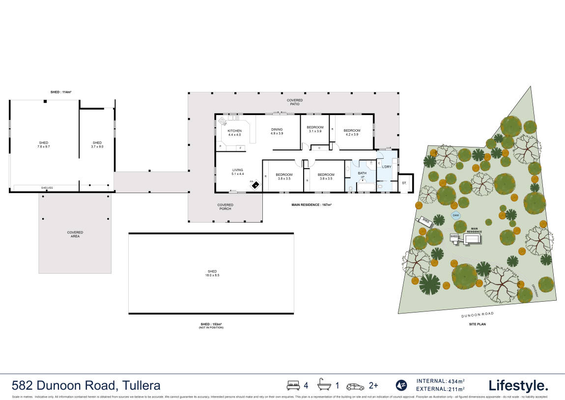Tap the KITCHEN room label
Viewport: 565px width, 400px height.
click(234, 133)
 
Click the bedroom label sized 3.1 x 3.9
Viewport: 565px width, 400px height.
click(314, 129)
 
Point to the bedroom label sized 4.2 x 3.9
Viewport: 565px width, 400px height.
click(352, 132)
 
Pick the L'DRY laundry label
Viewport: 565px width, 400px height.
click(386, 167)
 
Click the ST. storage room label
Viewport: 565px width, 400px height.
click(404, 183)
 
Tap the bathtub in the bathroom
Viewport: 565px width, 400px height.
click(363, 187)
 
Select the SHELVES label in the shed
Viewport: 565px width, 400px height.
click(47, 188)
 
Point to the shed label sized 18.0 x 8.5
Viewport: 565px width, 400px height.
click(212, 273)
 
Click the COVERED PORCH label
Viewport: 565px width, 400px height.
click(226, 207)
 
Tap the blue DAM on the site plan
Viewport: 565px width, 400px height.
click(455, 216)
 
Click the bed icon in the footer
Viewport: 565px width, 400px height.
click(293, 385)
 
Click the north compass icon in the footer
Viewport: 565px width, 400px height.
click(401, 385)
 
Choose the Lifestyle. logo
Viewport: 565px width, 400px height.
click(518, 385)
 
